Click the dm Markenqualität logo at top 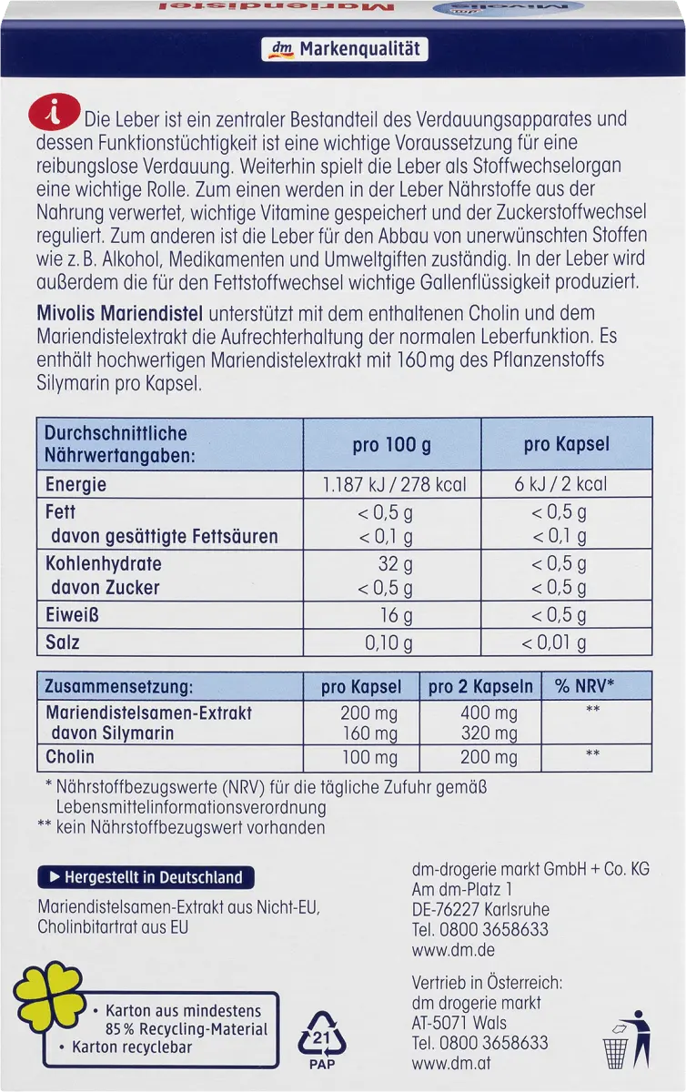click(342, 49)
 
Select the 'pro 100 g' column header click(391, 445)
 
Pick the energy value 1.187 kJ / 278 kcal click(395, 484)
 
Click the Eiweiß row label click(72, 615)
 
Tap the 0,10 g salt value click(388, 642)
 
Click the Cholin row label click(70, 756)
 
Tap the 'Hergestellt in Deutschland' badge click(146, 878)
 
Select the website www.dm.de click(440, 951)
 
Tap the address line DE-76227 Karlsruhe click(480, 909)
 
